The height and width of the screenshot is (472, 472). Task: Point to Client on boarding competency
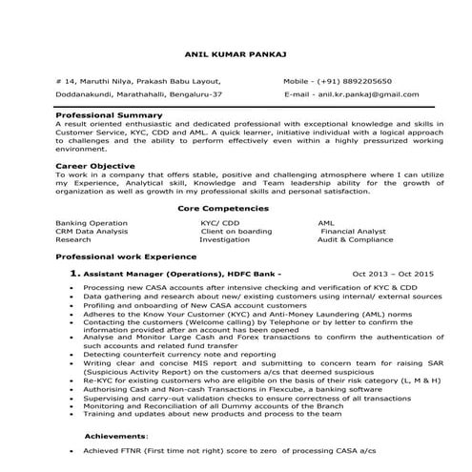tap(236, 231)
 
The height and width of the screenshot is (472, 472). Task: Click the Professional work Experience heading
tap(119, 257)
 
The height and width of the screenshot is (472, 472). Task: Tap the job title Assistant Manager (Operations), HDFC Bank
tap(181, 275)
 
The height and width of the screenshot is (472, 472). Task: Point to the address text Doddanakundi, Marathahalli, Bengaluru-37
tap(140, 96)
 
